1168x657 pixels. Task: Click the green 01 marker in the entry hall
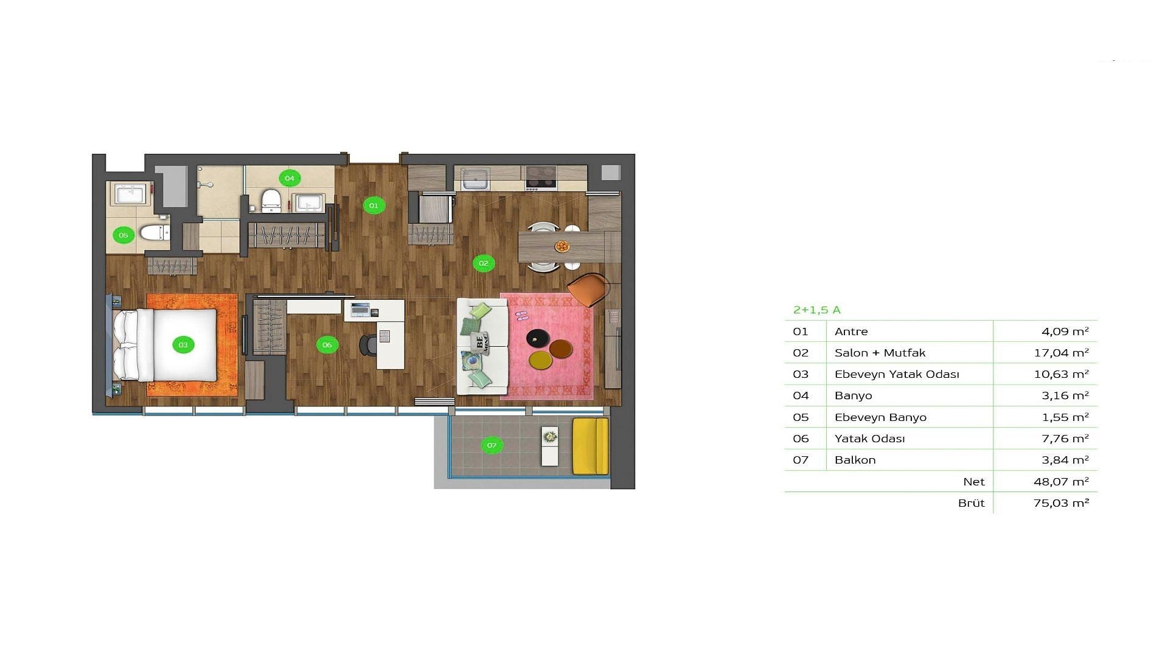point(374,206)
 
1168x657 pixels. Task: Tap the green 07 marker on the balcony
point(492,445)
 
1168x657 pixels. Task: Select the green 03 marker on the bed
point(183,345)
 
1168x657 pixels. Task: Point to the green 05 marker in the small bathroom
point(123,235)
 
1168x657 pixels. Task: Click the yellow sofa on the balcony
point(590,446)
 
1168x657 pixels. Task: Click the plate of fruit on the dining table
point(562,246)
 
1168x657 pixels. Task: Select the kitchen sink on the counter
point(474,179)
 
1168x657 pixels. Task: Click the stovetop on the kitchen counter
point(541,178)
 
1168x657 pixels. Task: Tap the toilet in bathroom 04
point(271,201)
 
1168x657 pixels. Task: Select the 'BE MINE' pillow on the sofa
point(482,344)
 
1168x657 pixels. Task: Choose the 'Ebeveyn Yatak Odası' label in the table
point(897,374)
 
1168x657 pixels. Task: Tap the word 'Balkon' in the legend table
point(855,460)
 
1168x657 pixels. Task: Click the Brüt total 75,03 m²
point(1061,503)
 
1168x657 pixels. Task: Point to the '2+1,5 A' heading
point(817,310)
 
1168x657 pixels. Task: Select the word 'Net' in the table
point(974,481)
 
